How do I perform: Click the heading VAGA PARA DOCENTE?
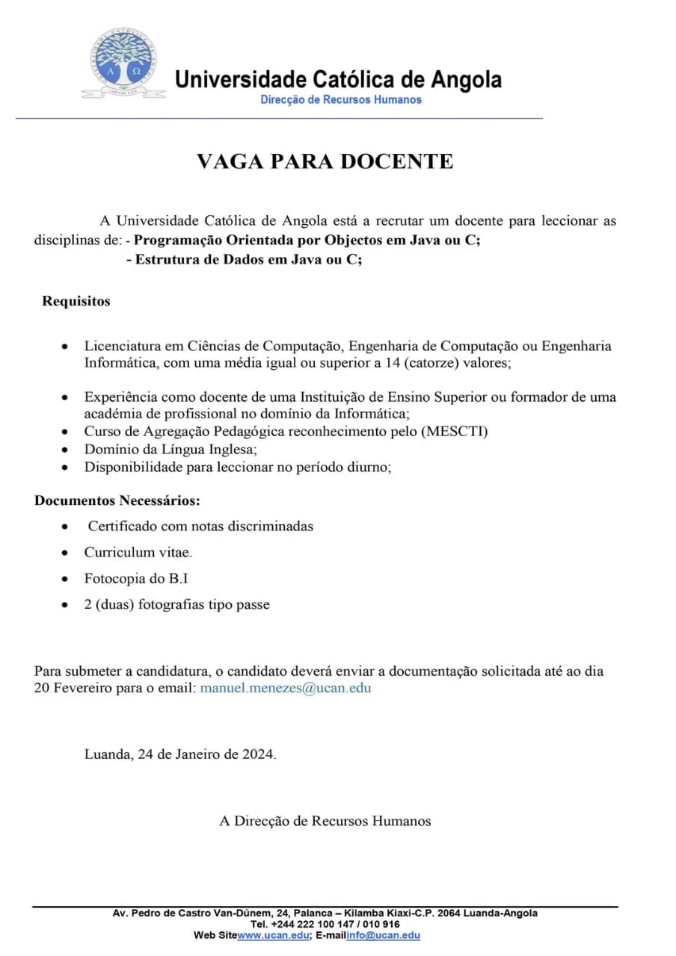[x=325, y=161]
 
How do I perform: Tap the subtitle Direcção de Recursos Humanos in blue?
[x=341, y=100]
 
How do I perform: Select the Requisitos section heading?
[x=76, y=301]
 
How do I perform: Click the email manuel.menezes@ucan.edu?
[x=285, y=688]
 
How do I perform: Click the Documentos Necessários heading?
[x=117, y=500]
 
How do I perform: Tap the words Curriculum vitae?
[x=138, y=553]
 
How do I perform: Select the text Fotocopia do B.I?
[x=130, y=578]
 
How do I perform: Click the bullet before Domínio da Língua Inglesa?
[x=67, y=450]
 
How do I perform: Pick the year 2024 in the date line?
[x=258, y=754]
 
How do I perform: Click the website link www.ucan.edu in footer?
[x=273, y=935]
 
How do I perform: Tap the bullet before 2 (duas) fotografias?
[x=67, y=605]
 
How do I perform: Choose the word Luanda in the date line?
[x=108, y=754]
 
